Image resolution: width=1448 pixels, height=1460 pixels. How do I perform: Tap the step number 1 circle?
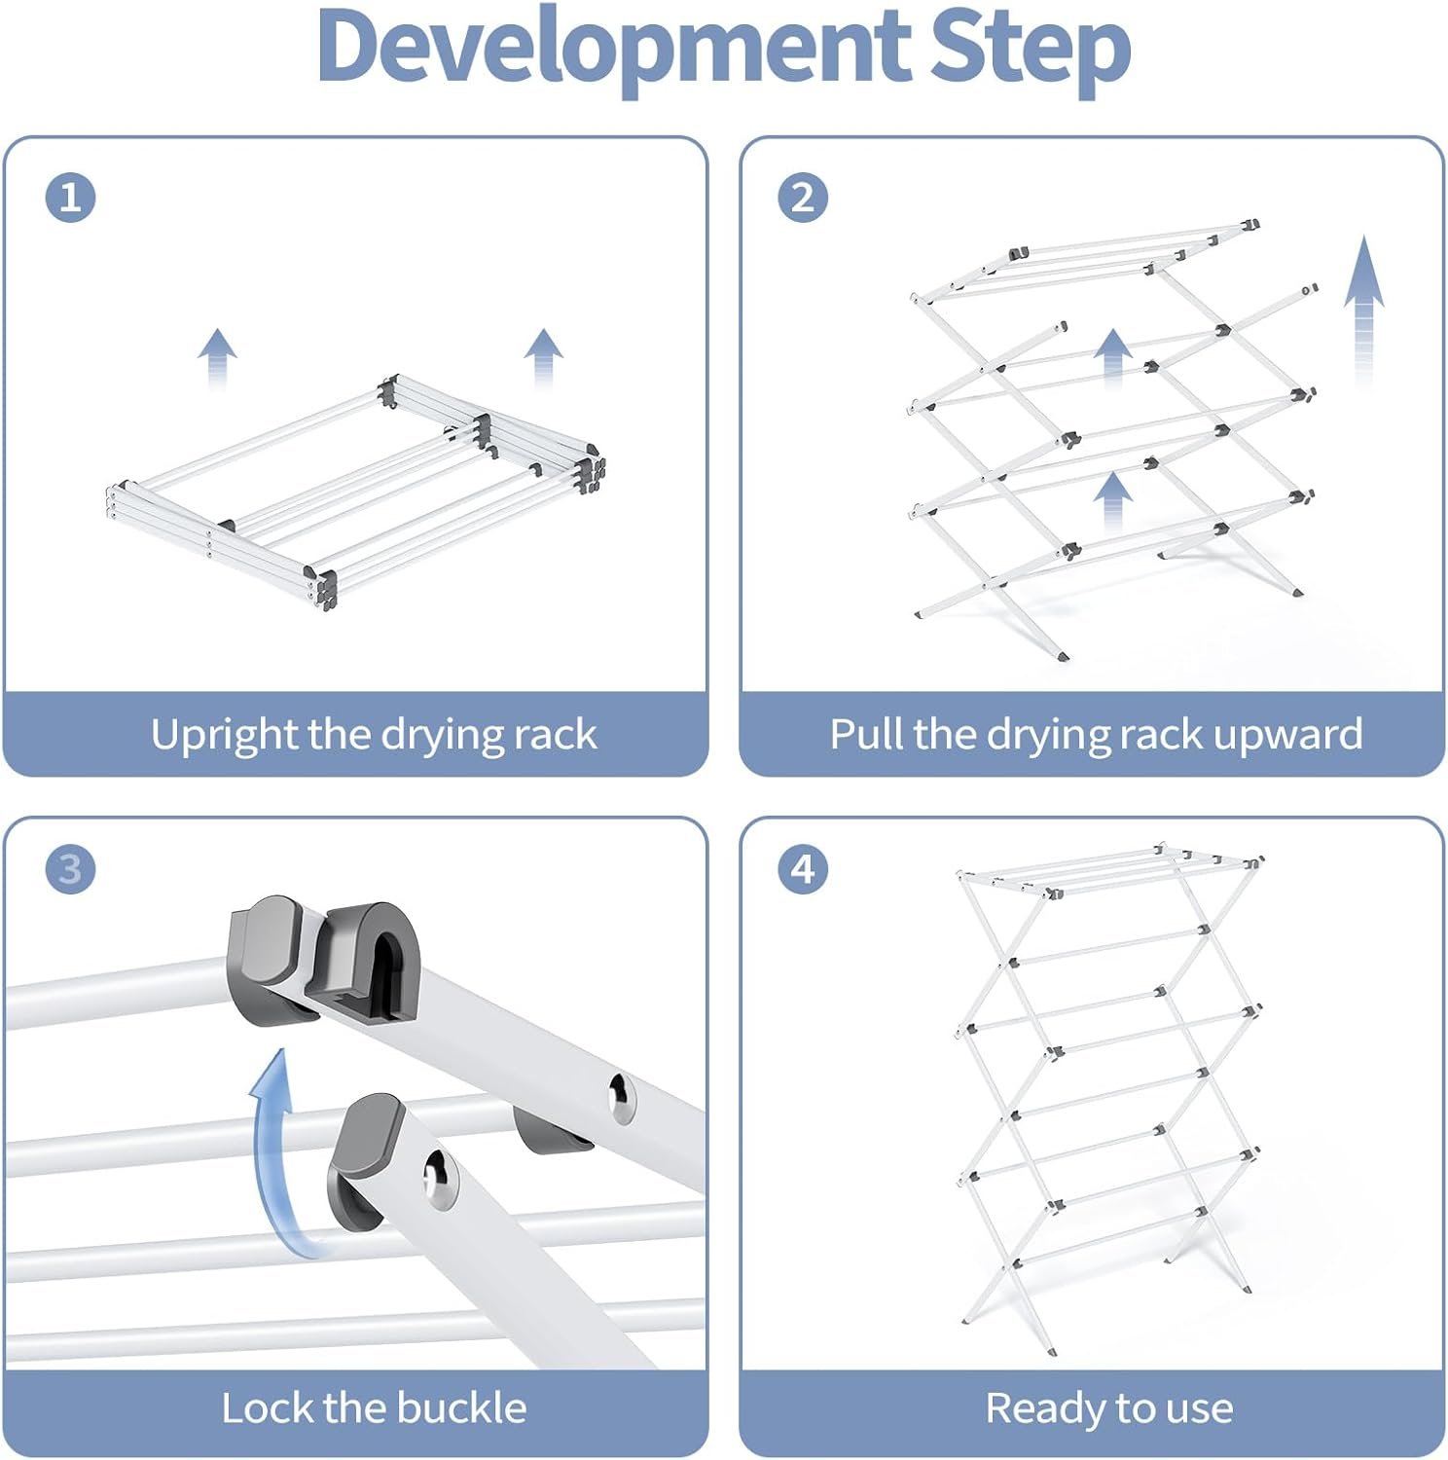70,198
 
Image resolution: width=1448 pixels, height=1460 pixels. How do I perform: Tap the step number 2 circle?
803,198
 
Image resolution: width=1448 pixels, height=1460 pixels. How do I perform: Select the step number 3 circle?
70,868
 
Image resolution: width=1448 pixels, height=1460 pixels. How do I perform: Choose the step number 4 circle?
803,868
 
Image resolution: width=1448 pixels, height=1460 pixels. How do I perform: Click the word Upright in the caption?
225,735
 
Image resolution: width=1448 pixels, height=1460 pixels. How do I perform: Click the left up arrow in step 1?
217,357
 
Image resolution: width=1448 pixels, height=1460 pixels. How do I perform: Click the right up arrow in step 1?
543,357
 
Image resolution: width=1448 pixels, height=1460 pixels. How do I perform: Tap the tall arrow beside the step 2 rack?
1364,307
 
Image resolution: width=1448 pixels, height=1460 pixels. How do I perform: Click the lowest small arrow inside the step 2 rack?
1112,501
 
